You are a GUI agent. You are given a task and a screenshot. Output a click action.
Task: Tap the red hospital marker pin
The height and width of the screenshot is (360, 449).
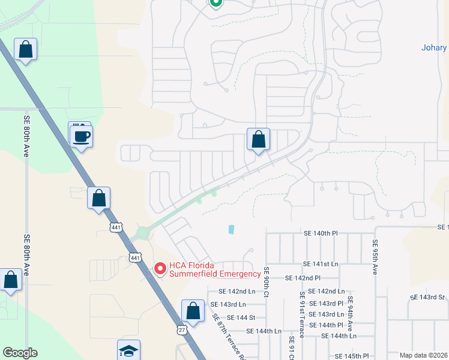160,269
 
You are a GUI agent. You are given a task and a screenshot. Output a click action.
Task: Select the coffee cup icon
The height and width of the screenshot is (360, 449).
82,137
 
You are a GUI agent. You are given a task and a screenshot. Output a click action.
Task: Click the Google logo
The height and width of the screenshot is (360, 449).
20,353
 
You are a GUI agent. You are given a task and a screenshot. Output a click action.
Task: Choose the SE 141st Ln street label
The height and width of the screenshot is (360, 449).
321,264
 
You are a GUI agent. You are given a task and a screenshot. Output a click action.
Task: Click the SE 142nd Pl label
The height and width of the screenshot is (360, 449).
303,278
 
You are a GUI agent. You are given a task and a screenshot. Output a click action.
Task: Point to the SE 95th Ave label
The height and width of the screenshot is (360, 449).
375,257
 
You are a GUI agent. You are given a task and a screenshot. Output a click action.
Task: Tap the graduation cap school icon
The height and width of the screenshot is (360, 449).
129,350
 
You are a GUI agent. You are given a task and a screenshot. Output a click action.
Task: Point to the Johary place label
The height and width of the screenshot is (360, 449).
433,48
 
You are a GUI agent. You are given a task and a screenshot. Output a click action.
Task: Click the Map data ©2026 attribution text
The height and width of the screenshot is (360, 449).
423,355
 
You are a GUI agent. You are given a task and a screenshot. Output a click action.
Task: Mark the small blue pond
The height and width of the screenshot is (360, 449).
232,229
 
